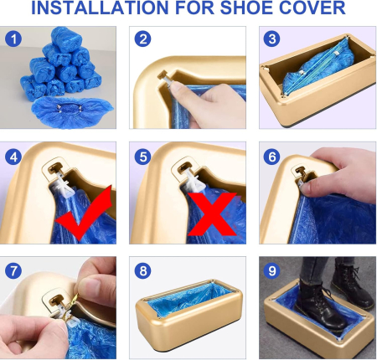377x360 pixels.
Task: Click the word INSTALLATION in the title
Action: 100,8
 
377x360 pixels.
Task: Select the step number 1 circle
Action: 13,39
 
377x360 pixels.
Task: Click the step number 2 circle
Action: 142,39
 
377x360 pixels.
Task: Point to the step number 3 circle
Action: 272,39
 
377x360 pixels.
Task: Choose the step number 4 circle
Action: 13,157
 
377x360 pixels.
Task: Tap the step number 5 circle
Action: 142,157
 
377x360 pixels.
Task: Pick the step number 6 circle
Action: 272,157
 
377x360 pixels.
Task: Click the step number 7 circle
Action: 13,270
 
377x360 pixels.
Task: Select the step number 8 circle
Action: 142,270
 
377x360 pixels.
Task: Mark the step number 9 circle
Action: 272,270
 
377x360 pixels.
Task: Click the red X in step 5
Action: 212,214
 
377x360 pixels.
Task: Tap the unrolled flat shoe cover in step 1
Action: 71,112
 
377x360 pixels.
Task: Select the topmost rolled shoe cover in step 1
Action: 66,39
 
